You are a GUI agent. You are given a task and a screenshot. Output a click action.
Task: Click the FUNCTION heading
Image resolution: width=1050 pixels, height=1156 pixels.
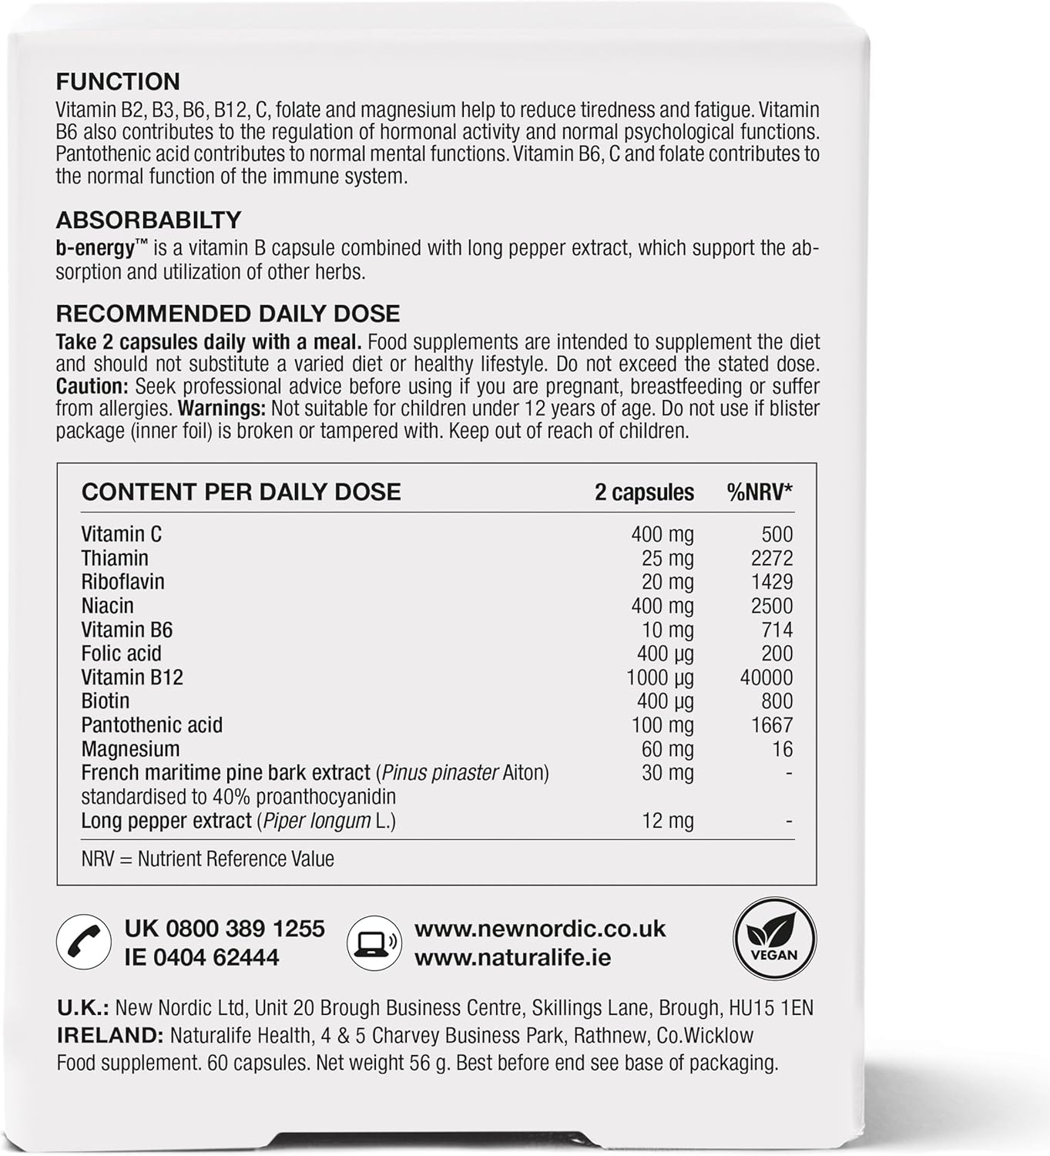tap(118, 82)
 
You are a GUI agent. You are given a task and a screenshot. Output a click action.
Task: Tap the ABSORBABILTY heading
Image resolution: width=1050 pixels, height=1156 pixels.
tap(149, 220)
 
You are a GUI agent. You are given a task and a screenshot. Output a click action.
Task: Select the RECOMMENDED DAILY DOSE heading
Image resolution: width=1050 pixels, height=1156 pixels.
tap(228, 314)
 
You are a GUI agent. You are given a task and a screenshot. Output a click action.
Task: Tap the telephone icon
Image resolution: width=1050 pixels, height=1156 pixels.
tap(81, 942)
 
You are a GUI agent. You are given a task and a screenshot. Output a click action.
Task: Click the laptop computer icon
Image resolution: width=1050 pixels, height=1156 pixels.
tap(373, 942)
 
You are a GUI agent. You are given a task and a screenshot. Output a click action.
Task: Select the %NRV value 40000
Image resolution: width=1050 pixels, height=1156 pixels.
tap(766, 677)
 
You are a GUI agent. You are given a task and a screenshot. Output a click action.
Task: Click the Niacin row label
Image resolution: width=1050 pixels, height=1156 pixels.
tap(108, 606)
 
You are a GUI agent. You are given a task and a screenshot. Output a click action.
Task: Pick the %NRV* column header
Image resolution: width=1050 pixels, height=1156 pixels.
tap(760, 492)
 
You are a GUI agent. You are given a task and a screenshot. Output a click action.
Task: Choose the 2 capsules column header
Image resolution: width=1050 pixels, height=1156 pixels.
tap(644, 492)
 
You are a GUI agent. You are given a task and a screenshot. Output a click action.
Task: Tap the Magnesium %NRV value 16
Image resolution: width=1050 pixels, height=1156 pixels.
tap(782, 749)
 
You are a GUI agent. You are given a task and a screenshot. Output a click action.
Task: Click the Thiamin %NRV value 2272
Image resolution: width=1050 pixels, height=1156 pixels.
tap(771, 558)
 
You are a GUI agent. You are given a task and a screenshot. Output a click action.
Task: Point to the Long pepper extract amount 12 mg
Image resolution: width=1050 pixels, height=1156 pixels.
tap(667, 821)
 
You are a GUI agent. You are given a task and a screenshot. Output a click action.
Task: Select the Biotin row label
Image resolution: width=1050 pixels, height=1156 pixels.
tap(106, 701)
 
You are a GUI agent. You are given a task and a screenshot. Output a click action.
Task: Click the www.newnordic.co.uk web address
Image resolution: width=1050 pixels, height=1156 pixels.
tap(540, 929)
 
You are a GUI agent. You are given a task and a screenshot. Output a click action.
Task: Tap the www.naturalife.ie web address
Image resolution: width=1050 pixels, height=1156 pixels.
tap(512, 957)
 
